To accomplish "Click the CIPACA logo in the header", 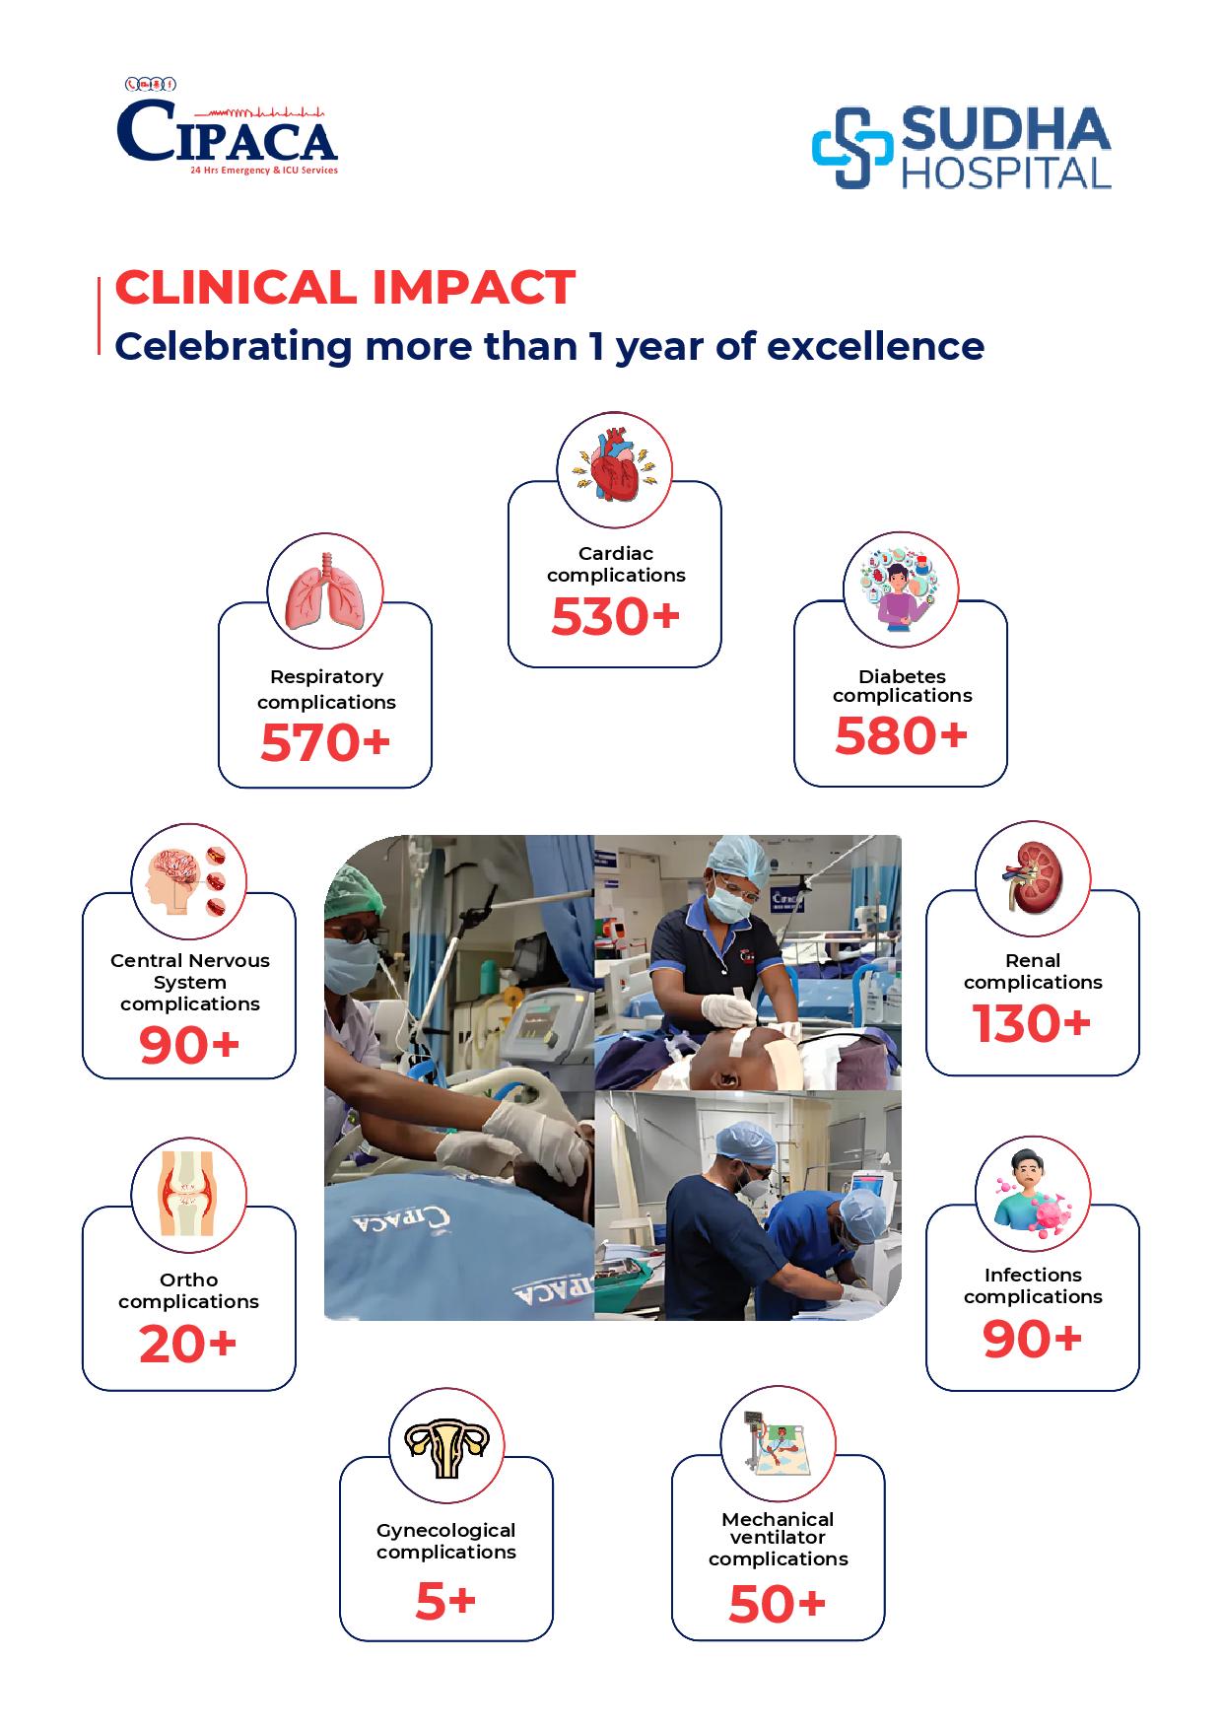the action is [228, 127].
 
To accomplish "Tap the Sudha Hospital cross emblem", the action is [850, 148].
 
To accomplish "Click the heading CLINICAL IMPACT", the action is [345, 287].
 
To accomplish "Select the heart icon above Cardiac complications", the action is [615, 469].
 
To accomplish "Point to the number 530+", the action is [616, 617].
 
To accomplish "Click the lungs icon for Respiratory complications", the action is [325, 591].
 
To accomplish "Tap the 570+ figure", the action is [325, 742].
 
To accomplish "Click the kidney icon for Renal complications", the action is [1033, 877].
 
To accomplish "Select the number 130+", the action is [1032, 1023].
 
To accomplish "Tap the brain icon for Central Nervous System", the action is [188, 880].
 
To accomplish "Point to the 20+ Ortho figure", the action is [188, 1344].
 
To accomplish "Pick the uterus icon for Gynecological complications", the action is [446, 1446].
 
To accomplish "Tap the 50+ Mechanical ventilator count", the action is [778, 1605].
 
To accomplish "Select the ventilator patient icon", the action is [778, 1443].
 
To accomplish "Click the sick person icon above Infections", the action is [1032, 1195].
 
